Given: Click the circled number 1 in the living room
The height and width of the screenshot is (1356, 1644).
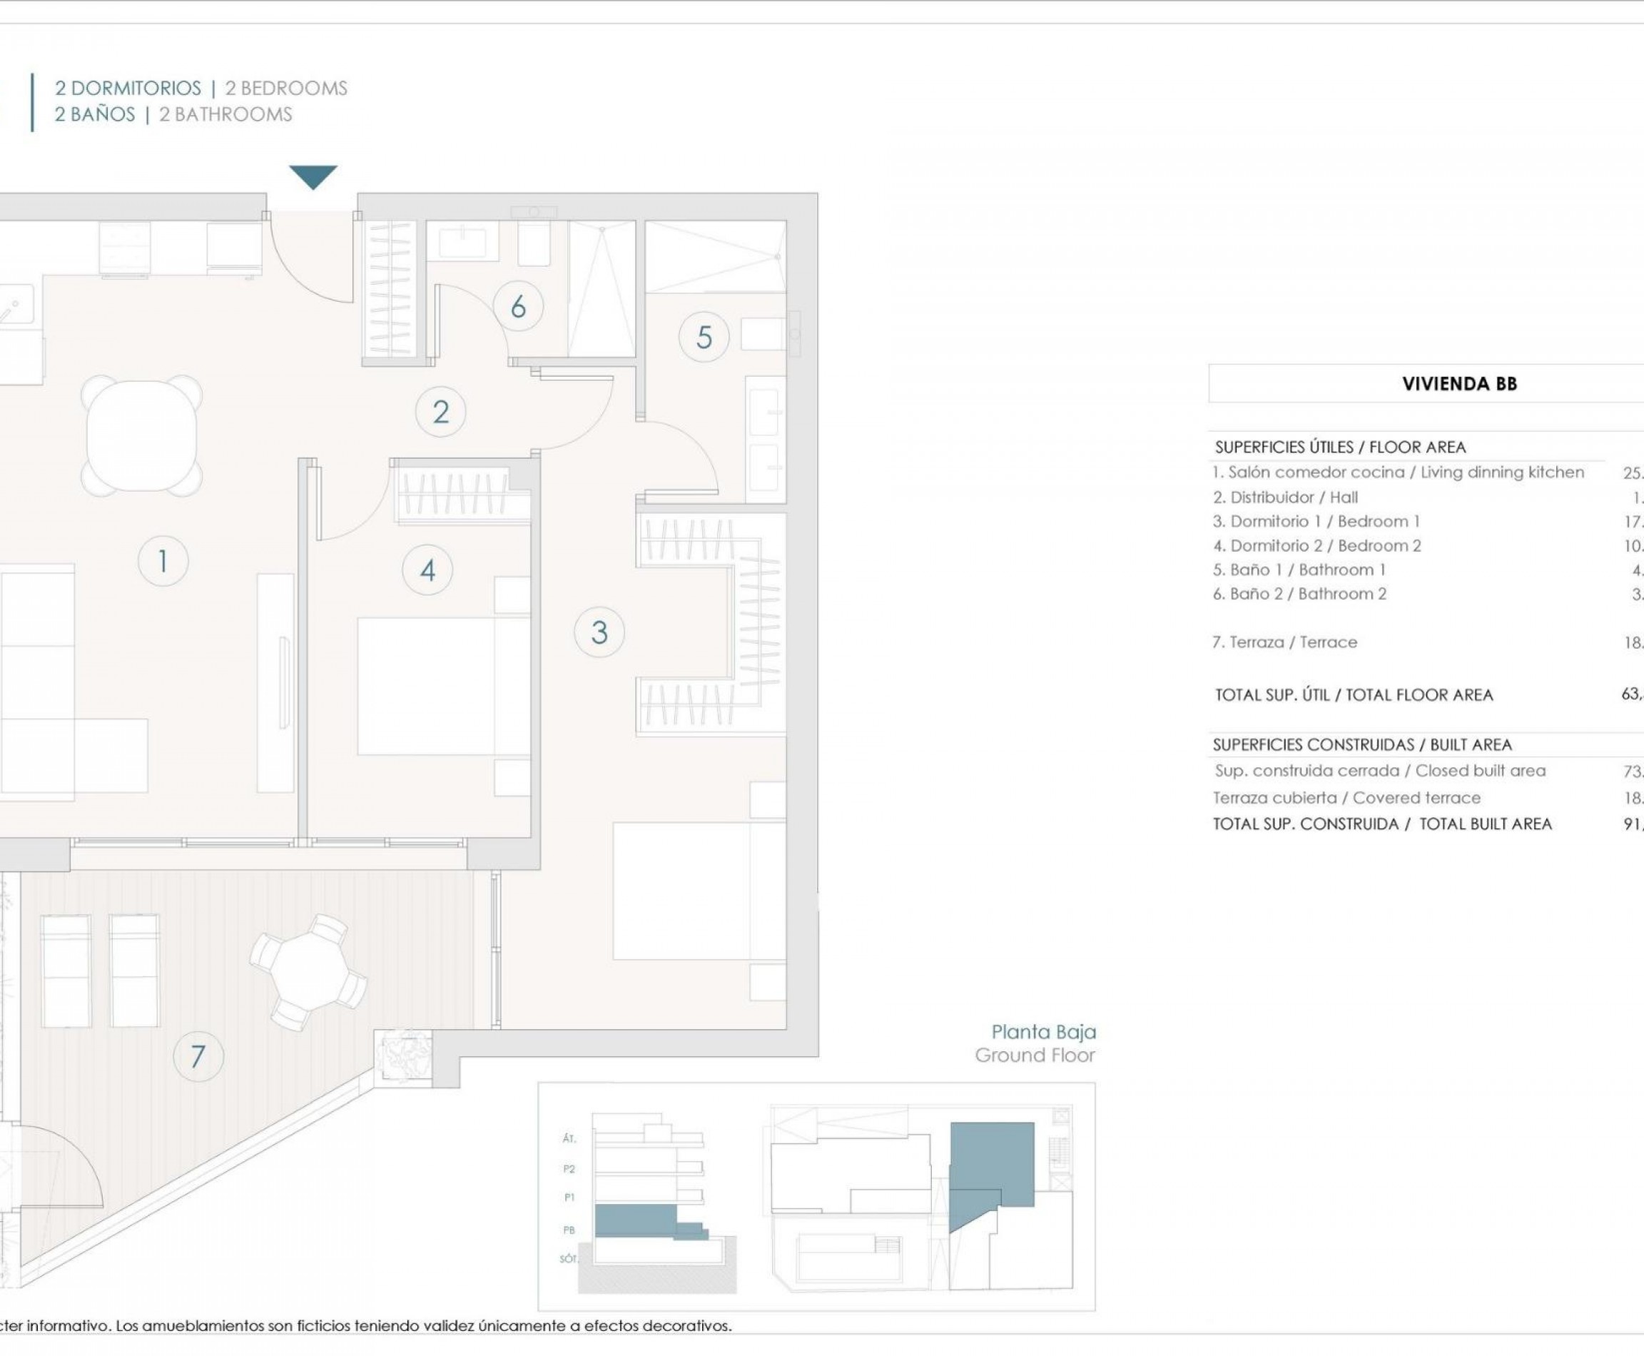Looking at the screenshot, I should click(163, 561).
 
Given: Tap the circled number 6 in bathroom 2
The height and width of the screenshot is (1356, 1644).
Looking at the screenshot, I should click(518, 307).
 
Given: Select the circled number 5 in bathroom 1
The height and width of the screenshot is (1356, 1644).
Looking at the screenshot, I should click(704, 338).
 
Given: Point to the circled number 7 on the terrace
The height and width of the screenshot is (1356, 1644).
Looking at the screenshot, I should click(198, 1057).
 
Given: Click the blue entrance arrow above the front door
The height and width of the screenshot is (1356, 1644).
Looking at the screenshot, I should click(313, 176).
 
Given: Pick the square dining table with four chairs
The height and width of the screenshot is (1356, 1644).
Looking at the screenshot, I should click(141, 436).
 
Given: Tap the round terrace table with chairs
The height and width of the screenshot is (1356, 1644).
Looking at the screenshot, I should click(309, 972).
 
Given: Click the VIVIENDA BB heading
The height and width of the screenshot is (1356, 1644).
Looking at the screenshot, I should click(1459, 383).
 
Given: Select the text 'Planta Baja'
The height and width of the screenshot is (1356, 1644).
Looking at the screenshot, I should click(1043, 1032).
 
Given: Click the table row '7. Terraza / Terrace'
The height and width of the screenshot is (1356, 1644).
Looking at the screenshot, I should click(1285, 642).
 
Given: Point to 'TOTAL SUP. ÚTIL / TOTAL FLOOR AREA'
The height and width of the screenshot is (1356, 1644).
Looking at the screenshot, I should click(1354, 694).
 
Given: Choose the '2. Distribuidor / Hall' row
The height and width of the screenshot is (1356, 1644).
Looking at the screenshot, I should click(1286, 497).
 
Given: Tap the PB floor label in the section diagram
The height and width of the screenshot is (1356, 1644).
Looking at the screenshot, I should click(569, 1230).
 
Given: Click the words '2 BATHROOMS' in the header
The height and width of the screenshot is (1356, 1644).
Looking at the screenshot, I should click(225, 115).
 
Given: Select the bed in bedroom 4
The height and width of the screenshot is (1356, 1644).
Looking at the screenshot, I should click(443, 686).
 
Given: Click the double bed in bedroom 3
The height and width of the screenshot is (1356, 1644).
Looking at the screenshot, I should click(697, 890).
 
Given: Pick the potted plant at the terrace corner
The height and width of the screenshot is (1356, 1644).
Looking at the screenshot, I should click(403, 1056).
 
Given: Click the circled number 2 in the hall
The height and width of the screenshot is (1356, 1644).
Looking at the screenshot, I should click(440, 412).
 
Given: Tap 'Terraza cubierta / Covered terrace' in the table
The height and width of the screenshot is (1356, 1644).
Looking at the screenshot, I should click(1346, 797).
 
